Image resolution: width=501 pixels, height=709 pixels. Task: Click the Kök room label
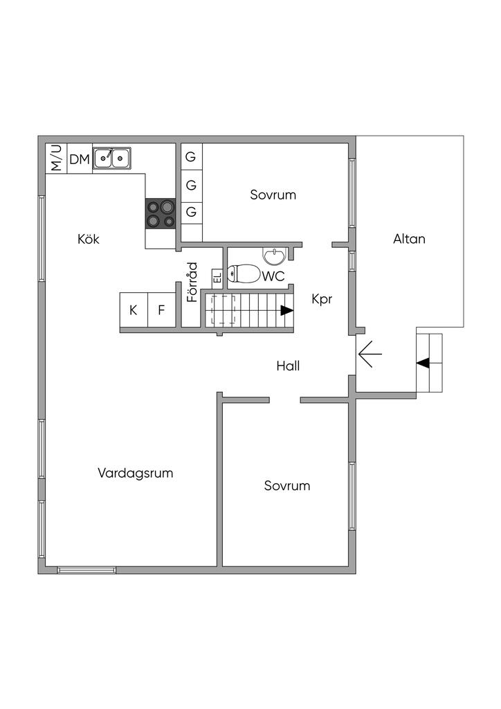tap(89, 239)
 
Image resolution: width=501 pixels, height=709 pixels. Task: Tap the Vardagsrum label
tap(136, 473)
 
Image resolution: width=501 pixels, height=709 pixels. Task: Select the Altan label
tap(409, 239)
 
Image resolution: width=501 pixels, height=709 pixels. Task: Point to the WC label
tap(273, 276)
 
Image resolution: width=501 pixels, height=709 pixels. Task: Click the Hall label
tap(289, 366)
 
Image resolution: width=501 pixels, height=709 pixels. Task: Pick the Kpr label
tap(322, 299)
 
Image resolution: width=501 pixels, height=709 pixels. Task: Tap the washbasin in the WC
tap(275, 256)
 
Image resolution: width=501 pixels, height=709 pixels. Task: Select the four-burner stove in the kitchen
tap(161, 213)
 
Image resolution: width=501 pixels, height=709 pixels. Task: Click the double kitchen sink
tap(112, 159)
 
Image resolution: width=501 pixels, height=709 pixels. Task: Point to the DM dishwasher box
tap(80, 159)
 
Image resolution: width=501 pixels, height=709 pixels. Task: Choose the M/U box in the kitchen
tap(57, 159)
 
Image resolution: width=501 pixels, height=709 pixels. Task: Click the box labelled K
tap(134, 309)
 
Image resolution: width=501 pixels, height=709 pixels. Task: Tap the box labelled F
tap(162, 309)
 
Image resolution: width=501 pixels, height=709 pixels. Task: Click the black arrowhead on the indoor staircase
tap(286, 311)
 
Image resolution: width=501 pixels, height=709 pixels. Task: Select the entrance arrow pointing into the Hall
tap(370, 354)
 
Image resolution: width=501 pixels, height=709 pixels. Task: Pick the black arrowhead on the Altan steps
tap(423, 363)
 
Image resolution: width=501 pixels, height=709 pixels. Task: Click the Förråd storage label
tap(192, 282)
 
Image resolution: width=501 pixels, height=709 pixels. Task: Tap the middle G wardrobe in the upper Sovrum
tap(191, 184)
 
